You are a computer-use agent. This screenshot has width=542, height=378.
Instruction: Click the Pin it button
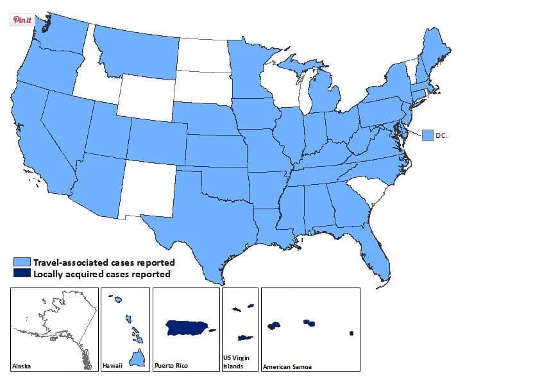coord(22,19)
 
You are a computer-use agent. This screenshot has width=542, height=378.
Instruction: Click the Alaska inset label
coord(22,366)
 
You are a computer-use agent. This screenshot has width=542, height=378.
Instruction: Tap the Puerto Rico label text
coord(170,366)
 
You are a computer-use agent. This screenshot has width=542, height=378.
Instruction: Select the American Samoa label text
coord(287,366)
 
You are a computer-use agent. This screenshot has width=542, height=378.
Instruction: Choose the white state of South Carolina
coord(366,189)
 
